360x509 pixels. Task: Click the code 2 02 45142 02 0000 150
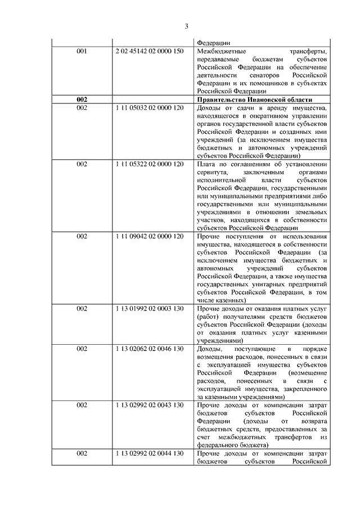(149, 51)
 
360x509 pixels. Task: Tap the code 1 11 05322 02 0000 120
(149, 164)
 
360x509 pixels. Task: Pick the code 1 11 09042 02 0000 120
(149, 236)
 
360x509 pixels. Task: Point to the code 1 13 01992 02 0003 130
(149, 309)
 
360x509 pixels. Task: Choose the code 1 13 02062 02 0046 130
(149, 349)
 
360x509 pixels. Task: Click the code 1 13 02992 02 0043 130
(149, 405)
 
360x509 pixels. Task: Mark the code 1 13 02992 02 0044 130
(149, 453)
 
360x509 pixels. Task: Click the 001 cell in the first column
(82, 51)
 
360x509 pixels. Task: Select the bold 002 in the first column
(82, 99)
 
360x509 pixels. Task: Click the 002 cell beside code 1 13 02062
(82, 349)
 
